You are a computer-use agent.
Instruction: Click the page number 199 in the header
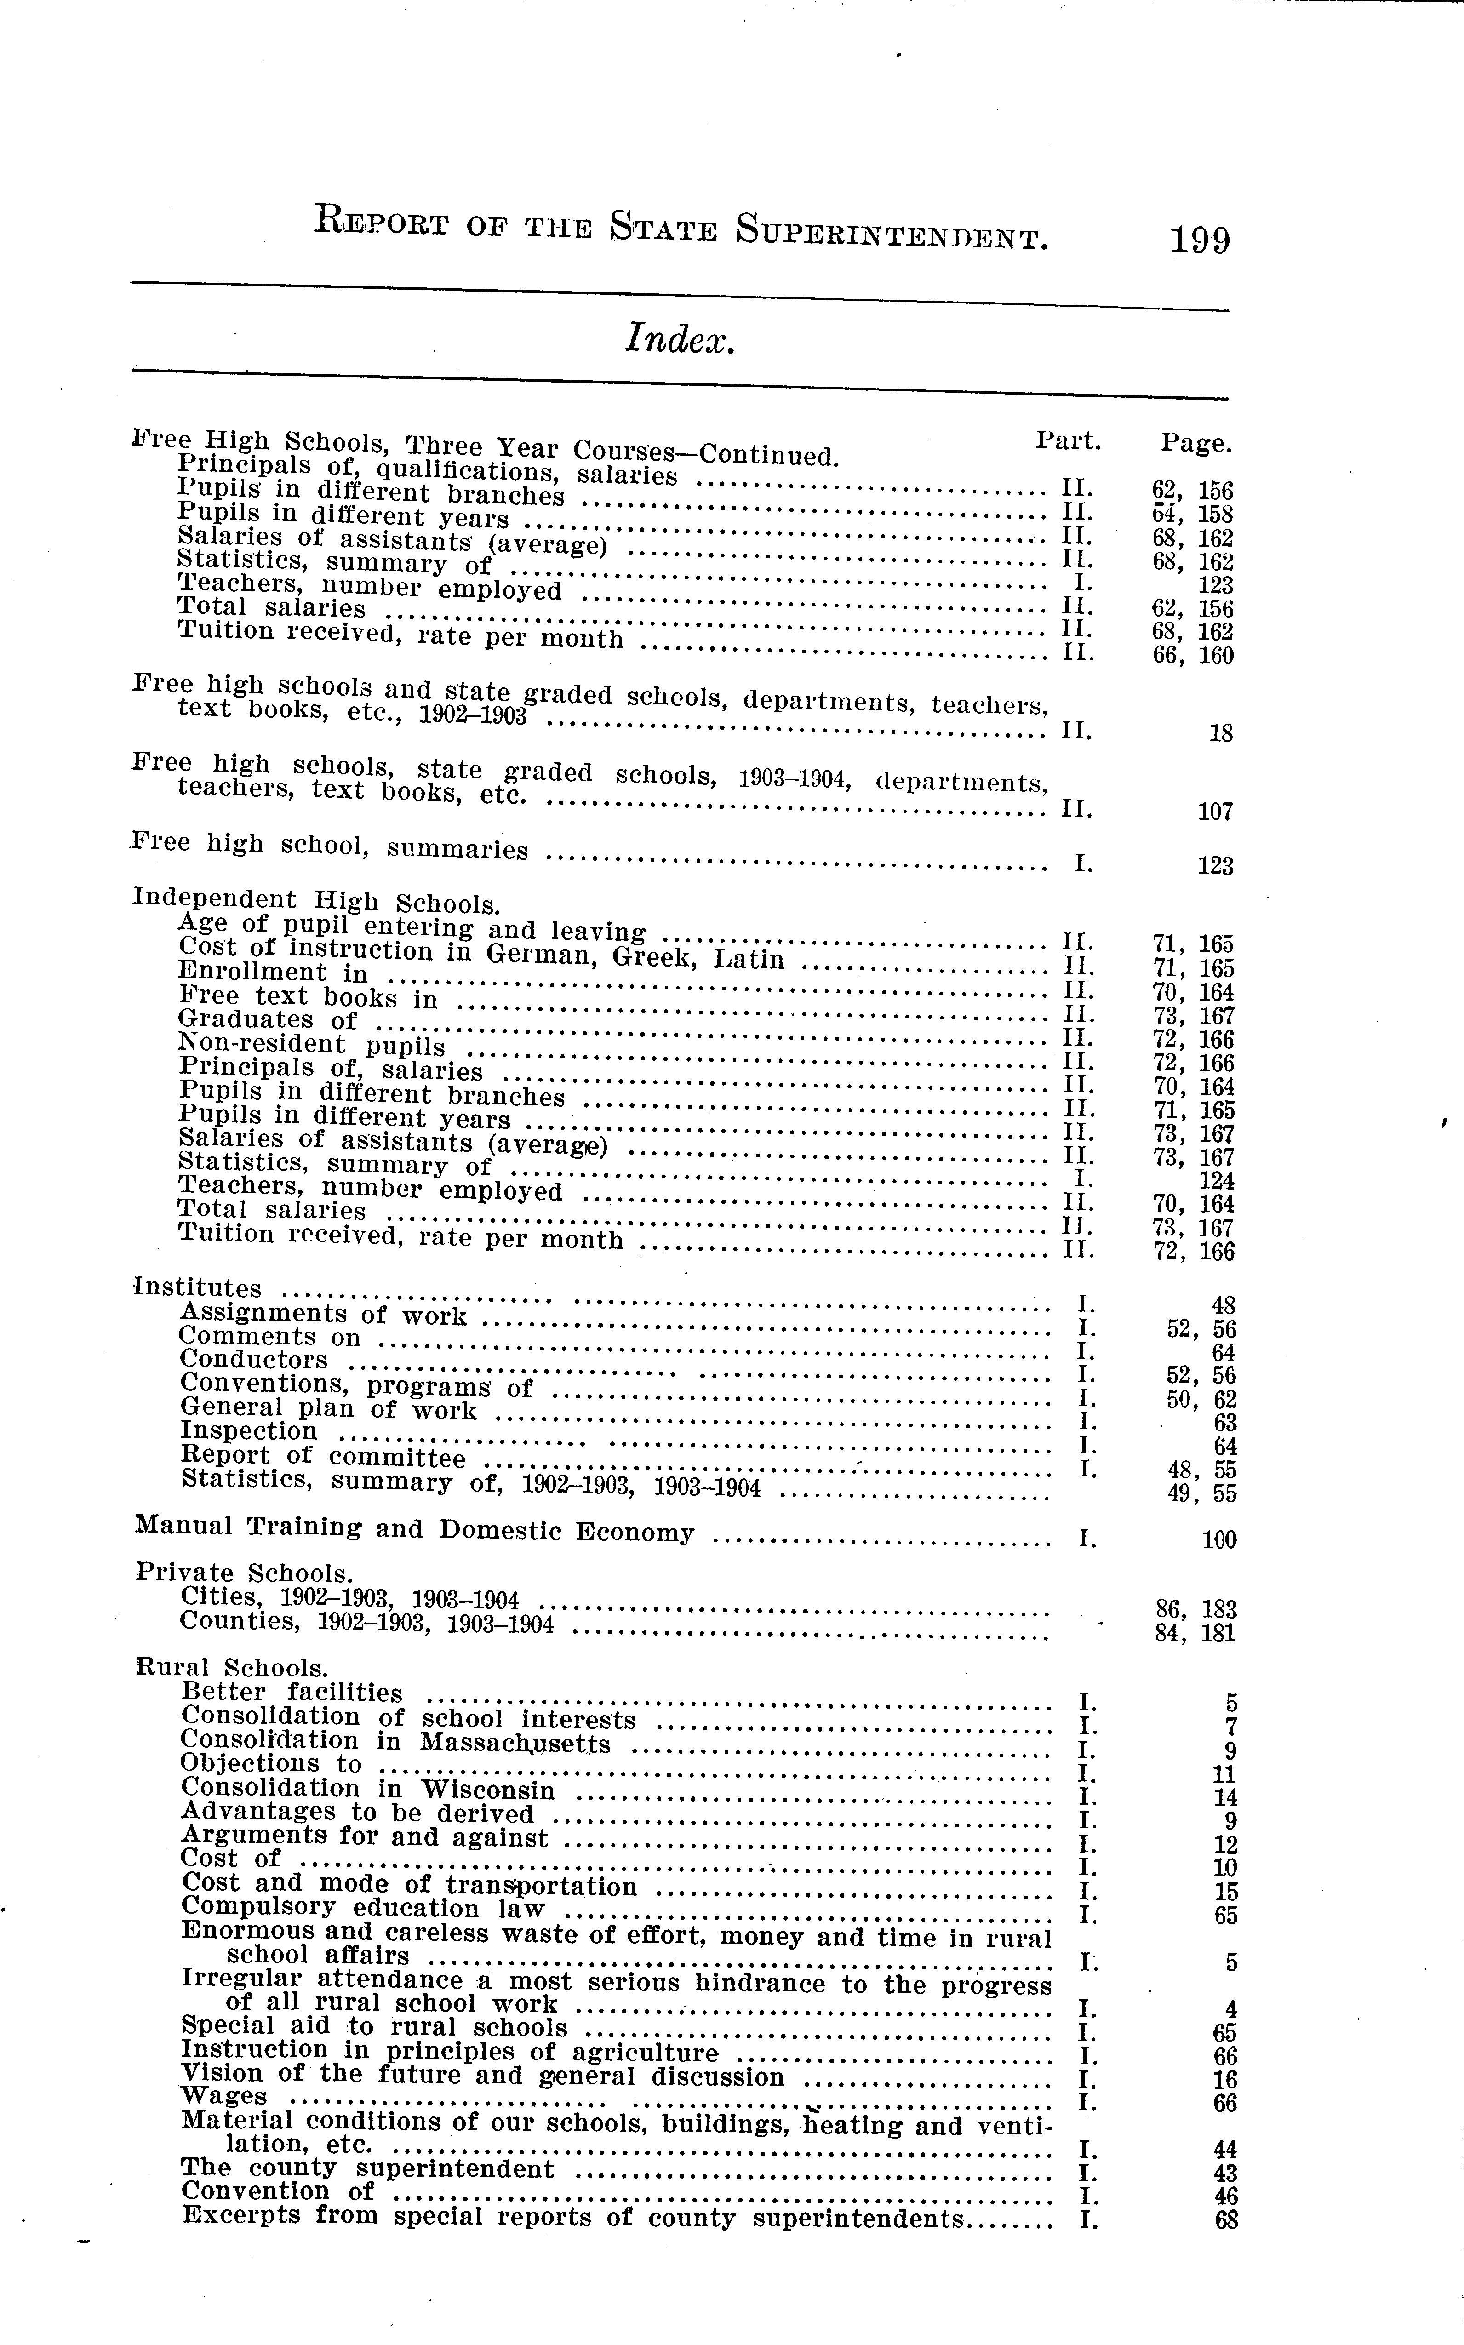[1200, 239]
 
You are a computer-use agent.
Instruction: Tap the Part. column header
[1068, 441]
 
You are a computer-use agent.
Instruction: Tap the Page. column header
[1197, 445]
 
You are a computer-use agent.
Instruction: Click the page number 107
[1215, 812]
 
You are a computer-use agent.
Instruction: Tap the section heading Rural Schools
[232, 1667]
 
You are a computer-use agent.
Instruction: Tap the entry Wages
[223, 2095]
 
